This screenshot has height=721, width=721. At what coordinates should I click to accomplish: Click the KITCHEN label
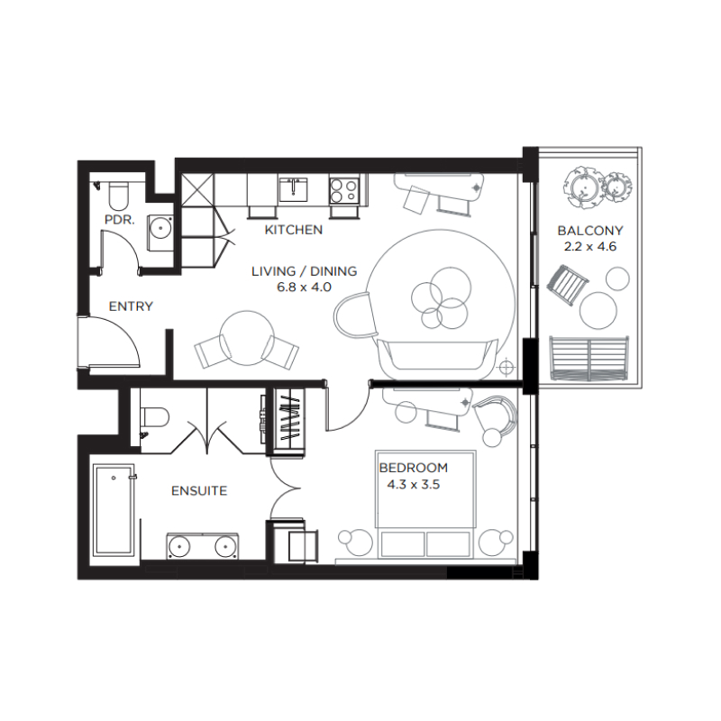[293, 230]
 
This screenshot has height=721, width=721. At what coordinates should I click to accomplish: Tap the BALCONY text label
[589, 231]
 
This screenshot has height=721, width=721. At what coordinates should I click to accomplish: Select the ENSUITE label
[199, 491]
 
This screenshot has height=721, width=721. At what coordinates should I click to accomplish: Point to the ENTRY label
[131, 306]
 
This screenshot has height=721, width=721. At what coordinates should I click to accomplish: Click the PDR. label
[119, 219]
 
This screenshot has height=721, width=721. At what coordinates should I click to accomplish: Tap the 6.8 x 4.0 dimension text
[304, 286]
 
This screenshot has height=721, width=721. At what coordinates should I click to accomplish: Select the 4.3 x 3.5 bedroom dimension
[413, 484]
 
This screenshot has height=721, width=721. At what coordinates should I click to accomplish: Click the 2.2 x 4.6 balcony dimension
[589, 246]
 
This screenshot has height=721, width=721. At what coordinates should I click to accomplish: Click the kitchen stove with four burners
[345, 190]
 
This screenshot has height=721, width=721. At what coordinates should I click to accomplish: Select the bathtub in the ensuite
[114, 510]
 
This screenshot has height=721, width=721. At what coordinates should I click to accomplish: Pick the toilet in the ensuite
[154, 418]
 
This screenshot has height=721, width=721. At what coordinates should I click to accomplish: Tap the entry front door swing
[108, 342]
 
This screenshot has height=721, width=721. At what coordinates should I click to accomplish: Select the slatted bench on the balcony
[589, 358]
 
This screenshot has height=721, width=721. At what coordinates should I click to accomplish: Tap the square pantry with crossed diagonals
[198, 190]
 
